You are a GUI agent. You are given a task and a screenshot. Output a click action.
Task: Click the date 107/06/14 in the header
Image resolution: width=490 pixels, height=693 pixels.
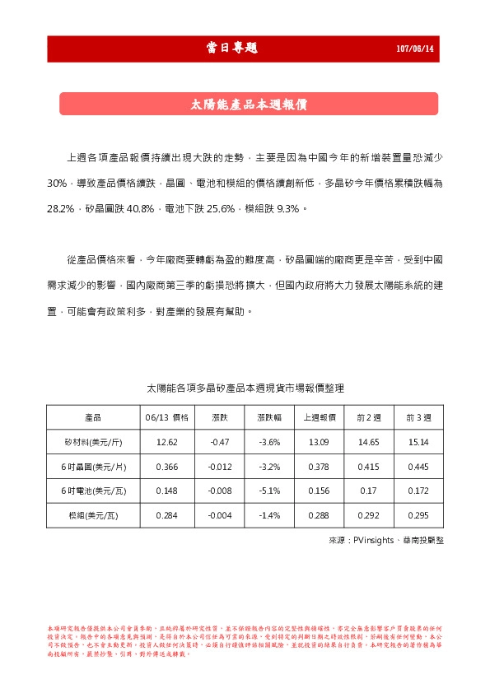[x=415, y=49]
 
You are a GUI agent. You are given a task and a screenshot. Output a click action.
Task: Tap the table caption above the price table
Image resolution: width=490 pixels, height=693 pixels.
[x=245, y=387]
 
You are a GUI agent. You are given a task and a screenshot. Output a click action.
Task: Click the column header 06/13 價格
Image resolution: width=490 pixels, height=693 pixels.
[x=167, y=417]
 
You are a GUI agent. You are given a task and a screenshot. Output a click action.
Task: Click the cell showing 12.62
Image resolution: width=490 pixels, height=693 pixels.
[x=167, y=442]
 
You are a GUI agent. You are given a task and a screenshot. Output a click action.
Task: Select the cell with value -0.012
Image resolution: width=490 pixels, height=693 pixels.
[x=220, y=467]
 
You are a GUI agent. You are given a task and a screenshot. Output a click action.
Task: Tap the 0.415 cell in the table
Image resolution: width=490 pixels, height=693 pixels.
[x=369, y=467]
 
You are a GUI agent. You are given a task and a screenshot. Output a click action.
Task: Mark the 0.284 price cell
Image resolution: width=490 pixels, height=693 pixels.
[x=167, y=516]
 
